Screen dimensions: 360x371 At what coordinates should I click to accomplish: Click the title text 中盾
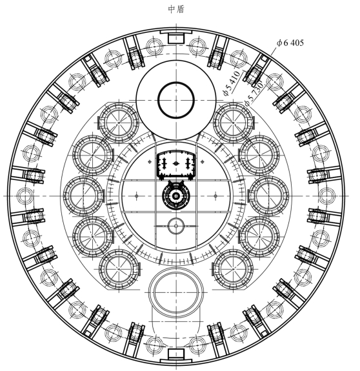pyautogui.click(x=176, y=9)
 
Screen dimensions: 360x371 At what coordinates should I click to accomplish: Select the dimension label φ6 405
pyautogui.click(x=290, y=43)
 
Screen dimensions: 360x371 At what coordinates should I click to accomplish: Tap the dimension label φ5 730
pyautogui.click(x=254, y=93)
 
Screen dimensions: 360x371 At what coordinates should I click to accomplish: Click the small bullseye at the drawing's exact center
pyautogui.click(x=175, y=196)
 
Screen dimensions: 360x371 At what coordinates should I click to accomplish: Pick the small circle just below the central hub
pyautogui.click(x=175, y=226)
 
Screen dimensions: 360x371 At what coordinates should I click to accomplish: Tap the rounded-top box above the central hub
pyautogui.click(x=176, y=165)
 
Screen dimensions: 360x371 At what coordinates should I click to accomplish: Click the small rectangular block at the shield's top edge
pyautogui.click(x=176, y=38)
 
